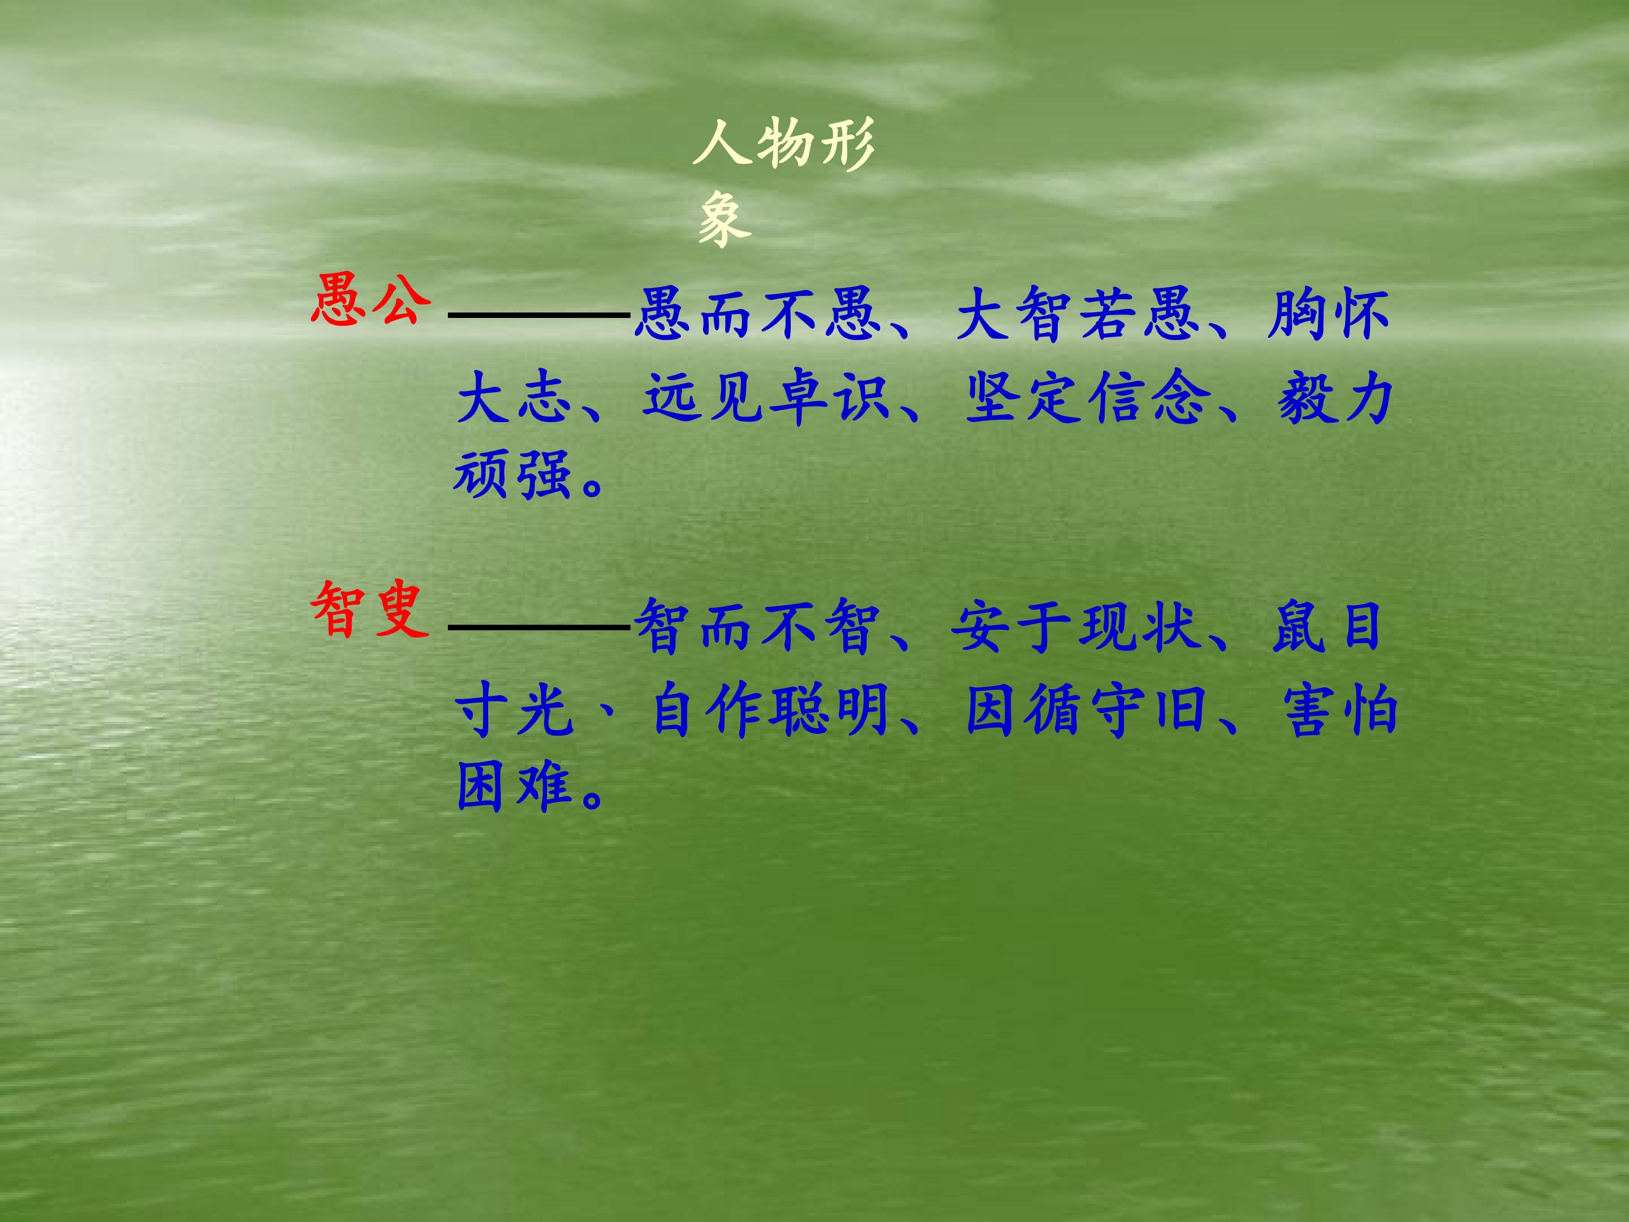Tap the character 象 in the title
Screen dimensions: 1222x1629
(725, 219)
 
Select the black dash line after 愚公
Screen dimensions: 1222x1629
(538, 315)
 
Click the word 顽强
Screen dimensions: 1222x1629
(512, 475)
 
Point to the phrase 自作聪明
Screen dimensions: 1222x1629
(770, 711)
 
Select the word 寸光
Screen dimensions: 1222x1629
(513, 711)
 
